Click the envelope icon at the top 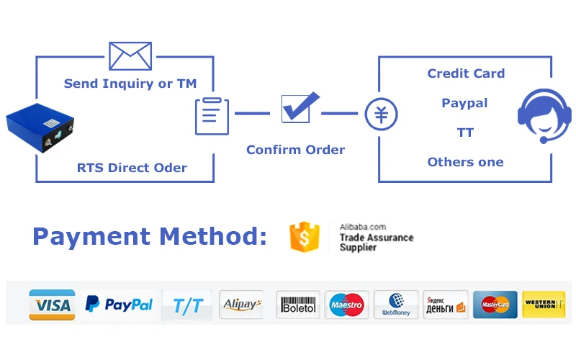(x=130, y=55)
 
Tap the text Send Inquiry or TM (x=130, y=84)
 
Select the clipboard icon (x=212, y=116)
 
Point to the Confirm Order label (x=295, y=150)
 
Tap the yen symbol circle (x=381, y=114)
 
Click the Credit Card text (x=466, y=73)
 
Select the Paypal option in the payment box (x=464, y=103)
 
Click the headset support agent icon (x=544, y=115)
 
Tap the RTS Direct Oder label (x=132, y=168)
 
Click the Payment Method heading (x=150, y=236)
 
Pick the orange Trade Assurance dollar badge (x=304, y=237)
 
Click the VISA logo (x=52, y=305)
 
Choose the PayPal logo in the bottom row (x=119, y=305)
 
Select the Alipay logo (x=240, y=305)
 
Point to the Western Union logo (x=544, y=305)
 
